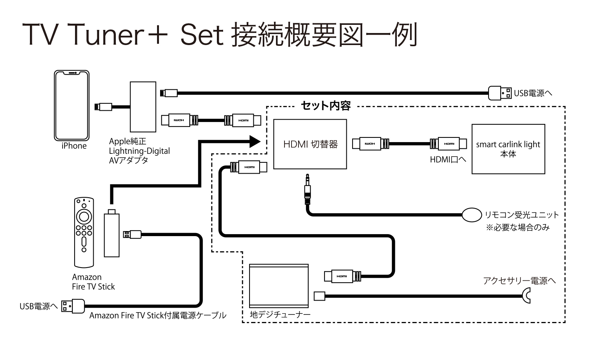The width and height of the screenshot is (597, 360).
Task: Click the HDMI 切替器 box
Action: pos(310,144)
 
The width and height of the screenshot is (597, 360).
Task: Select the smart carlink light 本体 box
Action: pos(508,149)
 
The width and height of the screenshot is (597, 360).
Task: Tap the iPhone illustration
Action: pos(72,105)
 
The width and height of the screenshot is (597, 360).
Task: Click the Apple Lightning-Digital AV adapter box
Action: pos(143,107)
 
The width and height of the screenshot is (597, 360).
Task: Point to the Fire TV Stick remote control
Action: pos(84,232)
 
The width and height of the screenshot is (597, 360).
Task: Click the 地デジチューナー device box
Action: pos(279,287)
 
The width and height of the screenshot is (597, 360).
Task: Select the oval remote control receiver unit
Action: pos(472,215)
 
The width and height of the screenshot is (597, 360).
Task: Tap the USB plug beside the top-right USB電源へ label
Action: pos(500,93)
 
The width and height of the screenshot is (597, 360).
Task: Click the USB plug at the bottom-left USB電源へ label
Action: pos(73,306)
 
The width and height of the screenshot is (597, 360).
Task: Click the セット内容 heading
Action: pos(326,106)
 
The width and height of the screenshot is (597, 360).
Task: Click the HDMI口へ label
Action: pos(448,159)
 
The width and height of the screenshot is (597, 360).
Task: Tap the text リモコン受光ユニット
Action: pos(522,215)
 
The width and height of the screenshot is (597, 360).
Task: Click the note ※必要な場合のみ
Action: pos(518,228)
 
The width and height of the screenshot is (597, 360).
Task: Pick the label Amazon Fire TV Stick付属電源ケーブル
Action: pos(158,315)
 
